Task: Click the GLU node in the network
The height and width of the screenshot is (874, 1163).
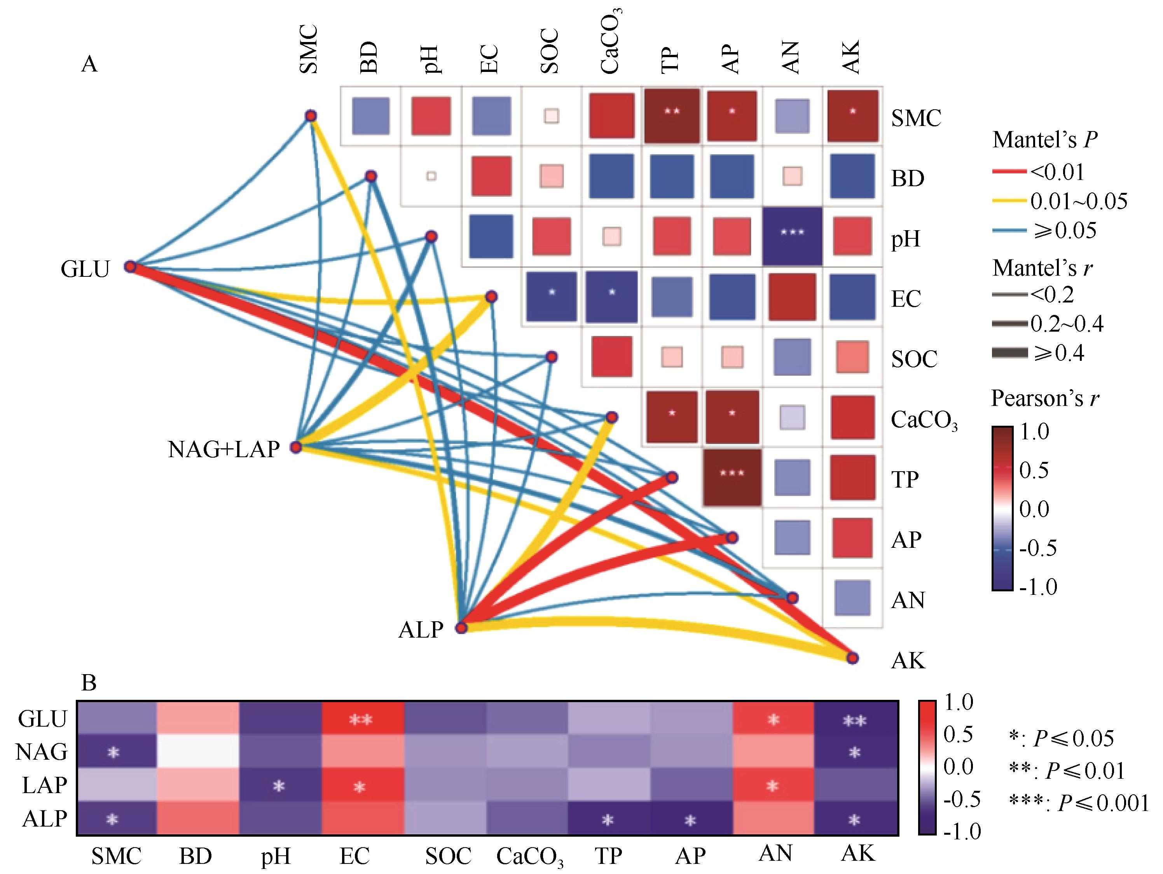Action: tap(130, 267)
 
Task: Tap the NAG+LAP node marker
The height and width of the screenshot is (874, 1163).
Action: tap(296, 447)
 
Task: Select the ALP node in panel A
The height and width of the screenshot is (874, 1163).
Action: tap(461, 628)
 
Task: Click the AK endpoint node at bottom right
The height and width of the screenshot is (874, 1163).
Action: tap(852, 658)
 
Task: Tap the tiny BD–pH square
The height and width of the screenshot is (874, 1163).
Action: tap(431, 176)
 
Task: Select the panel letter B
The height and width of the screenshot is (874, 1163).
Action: tap(89, 683)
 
